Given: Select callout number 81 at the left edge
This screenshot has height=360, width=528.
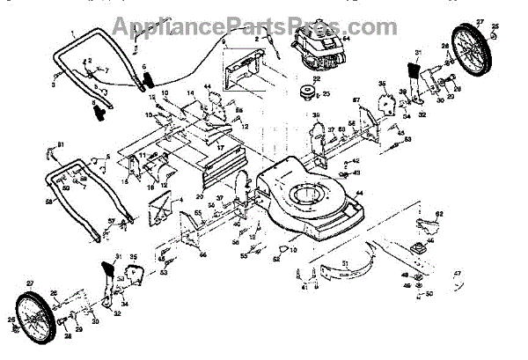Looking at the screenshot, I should pos(61,144).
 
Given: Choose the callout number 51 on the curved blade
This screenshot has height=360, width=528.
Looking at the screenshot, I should pos(345,263).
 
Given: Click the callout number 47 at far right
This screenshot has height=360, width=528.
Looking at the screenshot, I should pos(457,275).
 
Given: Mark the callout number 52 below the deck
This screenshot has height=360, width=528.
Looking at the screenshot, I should pos(275,259).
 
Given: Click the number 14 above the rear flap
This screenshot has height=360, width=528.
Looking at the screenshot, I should pos(189,93).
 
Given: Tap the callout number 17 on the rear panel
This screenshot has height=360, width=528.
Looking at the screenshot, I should pos(220,147).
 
